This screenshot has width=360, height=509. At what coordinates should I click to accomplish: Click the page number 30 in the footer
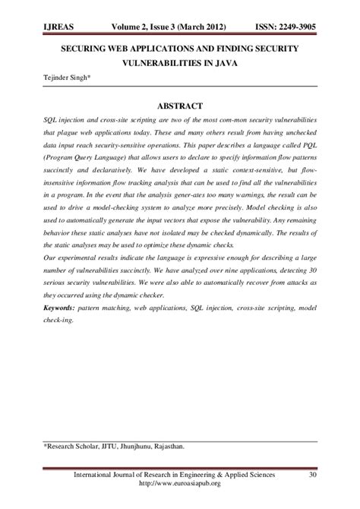311,476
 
